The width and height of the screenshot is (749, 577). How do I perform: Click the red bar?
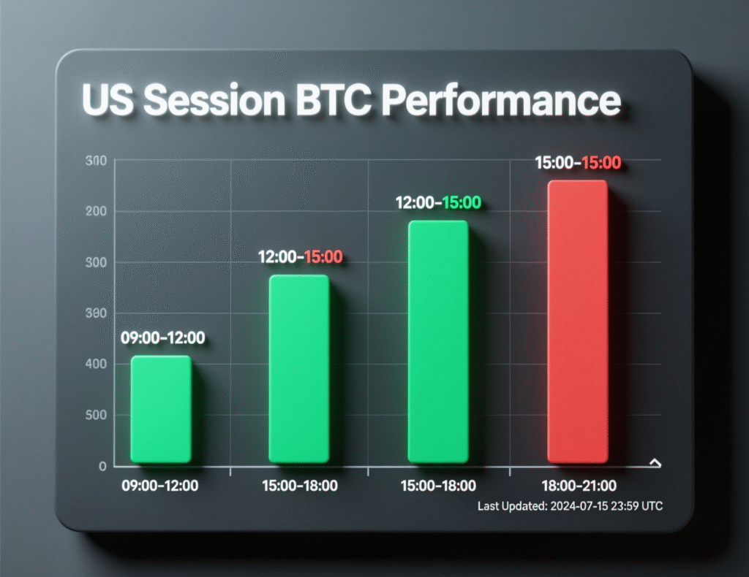pos(578,321)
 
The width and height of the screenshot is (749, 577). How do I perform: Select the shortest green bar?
pos(161,409)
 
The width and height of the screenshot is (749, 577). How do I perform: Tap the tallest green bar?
pos(437,341)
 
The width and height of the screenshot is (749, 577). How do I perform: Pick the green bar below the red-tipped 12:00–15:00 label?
pos(299,369)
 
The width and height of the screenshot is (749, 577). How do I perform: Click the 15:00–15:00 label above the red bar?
pos(578,163)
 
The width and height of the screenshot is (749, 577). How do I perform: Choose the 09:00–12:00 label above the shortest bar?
pos(162,338)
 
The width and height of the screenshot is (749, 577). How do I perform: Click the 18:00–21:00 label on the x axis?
pos(579,485)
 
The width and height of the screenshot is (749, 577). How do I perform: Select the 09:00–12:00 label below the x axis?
pos(161,485)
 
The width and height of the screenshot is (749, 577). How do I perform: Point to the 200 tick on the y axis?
pos(96,211)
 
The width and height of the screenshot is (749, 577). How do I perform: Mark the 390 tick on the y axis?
pos(96,313)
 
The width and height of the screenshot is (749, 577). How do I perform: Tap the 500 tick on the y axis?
pos(96,415)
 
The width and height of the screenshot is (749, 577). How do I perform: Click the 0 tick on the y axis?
pos(102,466)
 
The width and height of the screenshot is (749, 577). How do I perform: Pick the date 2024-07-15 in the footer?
pos(577,505)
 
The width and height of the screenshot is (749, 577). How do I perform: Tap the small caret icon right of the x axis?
pos(655,462)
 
